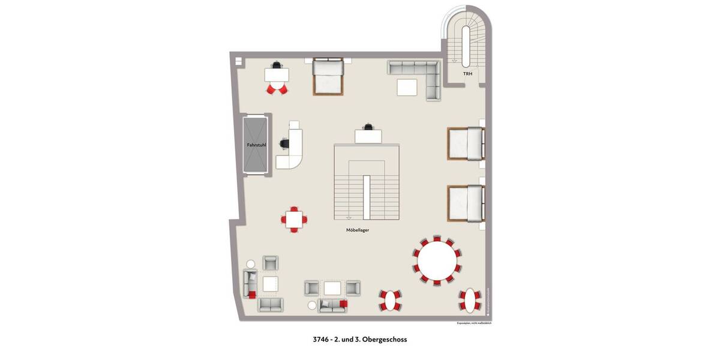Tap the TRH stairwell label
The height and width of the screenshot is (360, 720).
tap(467, 74)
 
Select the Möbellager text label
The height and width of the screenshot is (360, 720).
tap(358, 230)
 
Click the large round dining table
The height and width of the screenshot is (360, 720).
tap(437, 260)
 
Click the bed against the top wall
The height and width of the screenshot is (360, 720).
tap(328, 77)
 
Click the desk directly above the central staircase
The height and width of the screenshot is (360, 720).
tap(369, 137)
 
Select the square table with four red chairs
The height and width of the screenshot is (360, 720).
tap(295, 219)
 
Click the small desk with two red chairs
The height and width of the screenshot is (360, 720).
tap(277, 76)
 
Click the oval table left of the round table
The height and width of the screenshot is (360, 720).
tap(390, 300)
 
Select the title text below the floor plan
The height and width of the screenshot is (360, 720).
tap(360, 340)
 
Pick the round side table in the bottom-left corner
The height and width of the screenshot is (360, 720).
tap(251, 264)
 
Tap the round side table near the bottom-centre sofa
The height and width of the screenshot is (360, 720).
tap(312, 305)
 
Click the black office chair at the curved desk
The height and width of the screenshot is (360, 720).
tap(284, 144)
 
